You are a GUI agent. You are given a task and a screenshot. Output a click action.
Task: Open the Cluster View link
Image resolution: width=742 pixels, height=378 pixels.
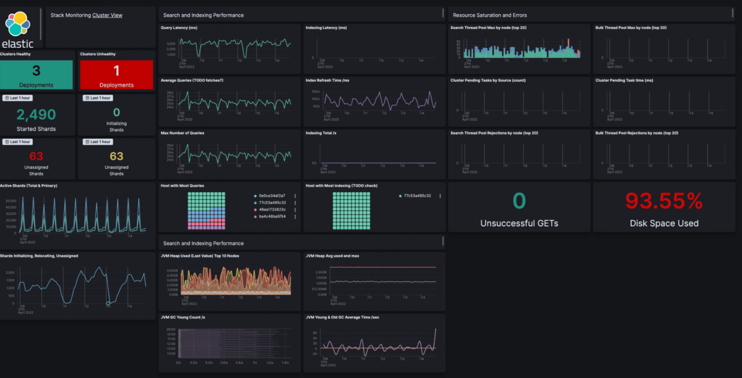107,15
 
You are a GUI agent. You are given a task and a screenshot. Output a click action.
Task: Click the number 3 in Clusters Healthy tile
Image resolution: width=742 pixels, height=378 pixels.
36,71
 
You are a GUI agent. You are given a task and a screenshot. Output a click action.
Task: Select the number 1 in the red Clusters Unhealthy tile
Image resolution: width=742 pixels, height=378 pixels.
117,71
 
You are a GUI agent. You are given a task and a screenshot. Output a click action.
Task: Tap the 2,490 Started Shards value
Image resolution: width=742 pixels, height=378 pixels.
36,115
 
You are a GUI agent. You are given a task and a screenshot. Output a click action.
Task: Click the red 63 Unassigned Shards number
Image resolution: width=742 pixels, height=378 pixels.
36,156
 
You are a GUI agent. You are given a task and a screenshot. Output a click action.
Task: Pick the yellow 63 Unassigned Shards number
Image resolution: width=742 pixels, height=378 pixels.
117,156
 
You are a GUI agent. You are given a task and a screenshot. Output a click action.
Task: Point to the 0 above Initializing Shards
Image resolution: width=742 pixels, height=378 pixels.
117,112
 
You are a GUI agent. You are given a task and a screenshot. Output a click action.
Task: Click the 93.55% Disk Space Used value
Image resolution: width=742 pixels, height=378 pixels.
664,201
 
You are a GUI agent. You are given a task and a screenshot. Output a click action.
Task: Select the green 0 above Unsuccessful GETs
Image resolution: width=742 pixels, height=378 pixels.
519,201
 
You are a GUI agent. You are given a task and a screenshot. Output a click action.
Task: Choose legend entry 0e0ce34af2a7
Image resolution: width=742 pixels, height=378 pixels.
272,196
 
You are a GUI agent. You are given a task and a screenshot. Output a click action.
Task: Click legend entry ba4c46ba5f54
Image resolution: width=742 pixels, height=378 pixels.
272,216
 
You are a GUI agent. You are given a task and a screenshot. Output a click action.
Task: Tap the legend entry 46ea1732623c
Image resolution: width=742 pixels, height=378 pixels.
272,210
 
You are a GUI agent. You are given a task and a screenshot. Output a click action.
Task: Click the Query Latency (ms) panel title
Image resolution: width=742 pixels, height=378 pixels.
179,28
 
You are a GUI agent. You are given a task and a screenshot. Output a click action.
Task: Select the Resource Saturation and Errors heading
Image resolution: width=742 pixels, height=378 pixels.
489,15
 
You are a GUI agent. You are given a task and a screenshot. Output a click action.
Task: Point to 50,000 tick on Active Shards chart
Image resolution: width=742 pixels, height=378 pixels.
10,201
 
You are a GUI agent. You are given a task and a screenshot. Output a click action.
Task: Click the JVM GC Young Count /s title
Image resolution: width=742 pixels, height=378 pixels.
183,317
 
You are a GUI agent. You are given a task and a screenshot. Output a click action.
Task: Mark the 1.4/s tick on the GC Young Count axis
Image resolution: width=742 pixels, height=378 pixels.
285,363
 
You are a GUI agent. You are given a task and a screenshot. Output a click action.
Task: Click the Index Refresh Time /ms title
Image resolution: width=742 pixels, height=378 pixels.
327,80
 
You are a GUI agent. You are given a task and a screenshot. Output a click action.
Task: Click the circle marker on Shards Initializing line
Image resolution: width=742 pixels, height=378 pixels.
108,303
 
